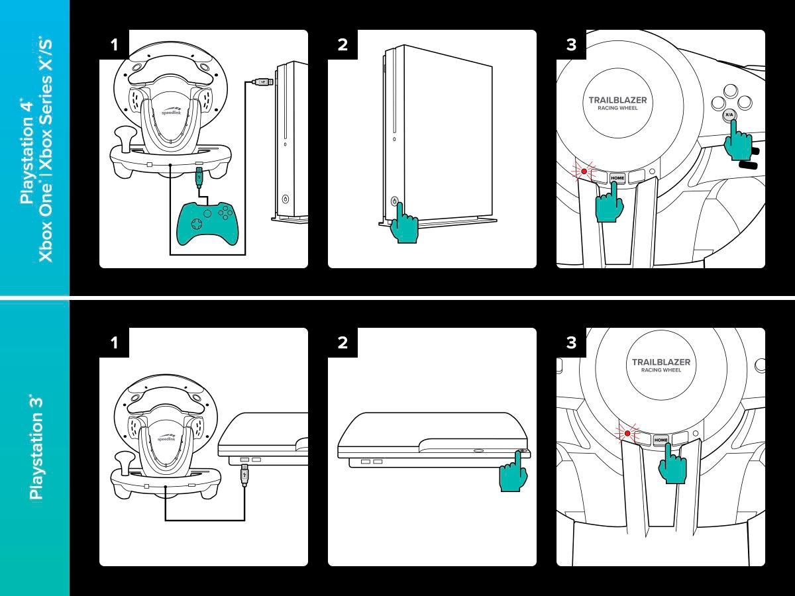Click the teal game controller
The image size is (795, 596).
pos(207,221)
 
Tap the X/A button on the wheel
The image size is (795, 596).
pos(729,115)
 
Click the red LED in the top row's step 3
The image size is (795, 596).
pos(584,172)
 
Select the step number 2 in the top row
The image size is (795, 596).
pos(343,45)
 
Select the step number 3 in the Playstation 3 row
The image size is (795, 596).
pos(571,343)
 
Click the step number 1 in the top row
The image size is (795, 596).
pos(114,45)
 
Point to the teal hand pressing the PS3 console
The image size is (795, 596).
pos(514,473)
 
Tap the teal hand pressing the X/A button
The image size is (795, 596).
pos(737,142)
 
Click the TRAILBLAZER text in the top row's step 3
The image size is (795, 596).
pos(617,101)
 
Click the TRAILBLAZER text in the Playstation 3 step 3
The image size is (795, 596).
pos(661,362)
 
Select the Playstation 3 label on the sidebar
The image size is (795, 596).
pos(36,447)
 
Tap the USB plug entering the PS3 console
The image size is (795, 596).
pos(245,474)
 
